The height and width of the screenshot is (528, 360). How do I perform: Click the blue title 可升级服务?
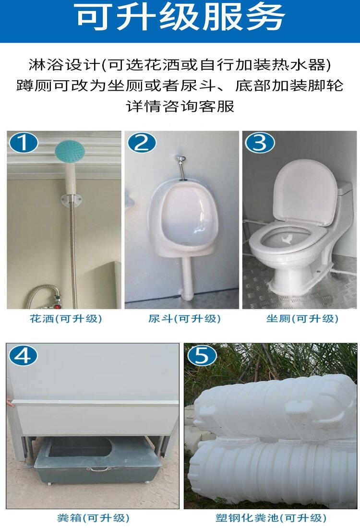180,17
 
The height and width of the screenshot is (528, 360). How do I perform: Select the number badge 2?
142,143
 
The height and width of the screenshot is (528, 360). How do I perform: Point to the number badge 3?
260,143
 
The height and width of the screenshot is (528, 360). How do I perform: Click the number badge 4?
23,355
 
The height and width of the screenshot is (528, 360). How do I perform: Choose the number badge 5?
202,355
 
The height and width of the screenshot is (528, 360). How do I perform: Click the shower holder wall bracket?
72,200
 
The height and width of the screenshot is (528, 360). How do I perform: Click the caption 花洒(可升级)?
66,319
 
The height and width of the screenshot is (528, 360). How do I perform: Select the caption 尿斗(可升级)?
184,319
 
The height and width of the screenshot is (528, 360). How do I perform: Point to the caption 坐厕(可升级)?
302,319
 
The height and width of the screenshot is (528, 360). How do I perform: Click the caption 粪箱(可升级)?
93,517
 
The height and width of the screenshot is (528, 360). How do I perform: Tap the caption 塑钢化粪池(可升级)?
271,517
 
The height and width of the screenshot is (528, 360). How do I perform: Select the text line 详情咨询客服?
180,107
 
